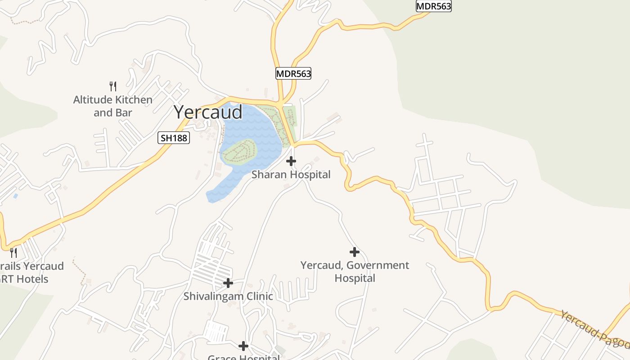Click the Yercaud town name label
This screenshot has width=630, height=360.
coord(208,112)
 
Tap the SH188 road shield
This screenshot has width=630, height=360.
coord(174,138)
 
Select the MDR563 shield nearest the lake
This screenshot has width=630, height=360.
coord(293,74)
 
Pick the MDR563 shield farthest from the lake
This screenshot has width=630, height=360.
coord(433,6)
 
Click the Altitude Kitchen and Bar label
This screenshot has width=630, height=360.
coord(113,106)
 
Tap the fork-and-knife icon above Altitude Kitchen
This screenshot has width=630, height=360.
coord(113,86)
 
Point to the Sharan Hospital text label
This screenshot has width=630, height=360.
coord(291,175)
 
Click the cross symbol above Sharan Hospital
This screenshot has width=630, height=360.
coord(291,161)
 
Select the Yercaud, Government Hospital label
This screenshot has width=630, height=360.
coord(355,271)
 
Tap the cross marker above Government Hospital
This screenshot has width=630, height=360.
coord(355,252)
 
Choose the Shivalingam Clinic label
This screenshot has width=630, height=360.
coord(228,297)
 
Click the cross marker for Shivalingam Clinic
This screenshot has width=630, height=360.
coord(228,283)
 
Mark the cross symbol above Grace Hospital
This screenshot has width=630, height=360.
coord(243,346)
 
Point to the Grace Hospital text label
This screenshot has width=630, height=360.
coord(243,357)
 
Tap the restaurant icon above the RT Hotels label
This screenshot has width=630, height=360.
coord(13,252)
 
